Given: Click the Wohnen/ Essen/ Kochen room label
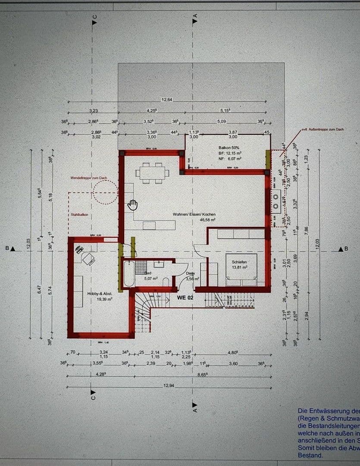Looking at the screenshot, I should (x=194, y=214).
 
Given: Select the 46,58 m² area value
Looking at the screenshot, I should (x=207, y=220).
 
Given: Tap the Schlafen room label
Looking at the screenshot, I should (x=239, y=262).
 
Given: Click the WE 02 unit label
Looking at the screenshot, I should (x=185, y=297).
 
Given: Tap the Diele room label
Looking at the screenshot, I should (x=191, y=273).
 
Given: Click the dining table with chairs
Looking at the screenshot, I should (x=152, y=173).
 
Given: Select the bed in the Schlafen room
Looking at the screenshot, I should (x=241, y=270).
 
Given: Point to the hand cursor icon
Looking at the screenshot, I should (x=132, y=205).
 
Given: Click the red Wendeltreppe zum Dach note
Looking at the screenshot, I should (x=89, y=178).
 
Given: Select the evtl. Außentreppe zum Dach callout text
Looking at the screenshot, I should (x=322, y=129).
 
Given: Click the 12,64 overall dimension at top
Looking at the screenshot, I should (x=167, y=100).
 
